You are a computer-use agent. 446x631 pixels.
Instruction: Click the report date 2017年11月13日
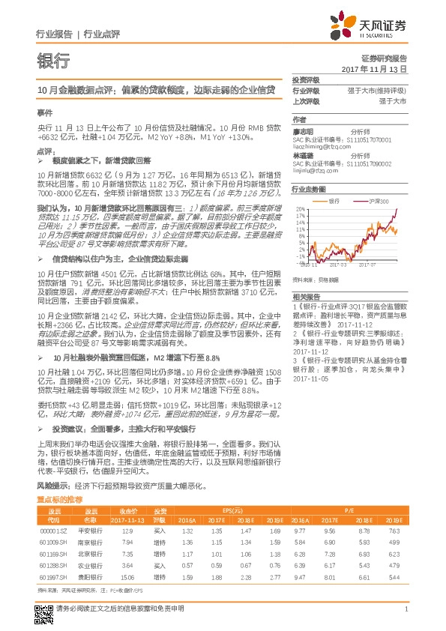tap(373, 69)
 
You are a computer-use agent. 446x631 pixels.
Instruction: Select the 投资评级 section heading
tap(306, 79)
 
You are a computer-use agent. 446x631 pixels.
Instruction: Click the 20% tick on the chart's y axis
tap(299, 209)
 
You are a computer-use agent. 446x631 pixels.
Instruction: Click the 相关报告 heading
tap(306, 298)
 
